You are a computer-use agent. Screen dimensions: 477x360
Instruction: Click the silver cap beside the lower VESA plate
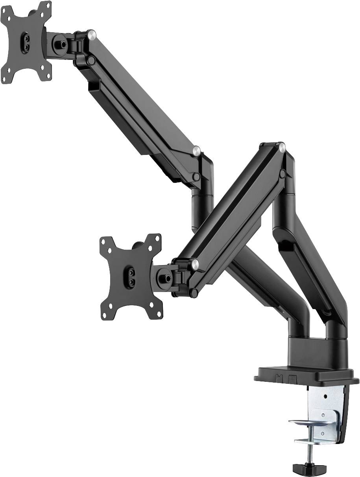tap(194, 263)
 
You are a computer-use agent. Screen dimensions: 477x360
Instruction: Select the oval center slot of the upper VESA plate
tap(25, 42)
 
